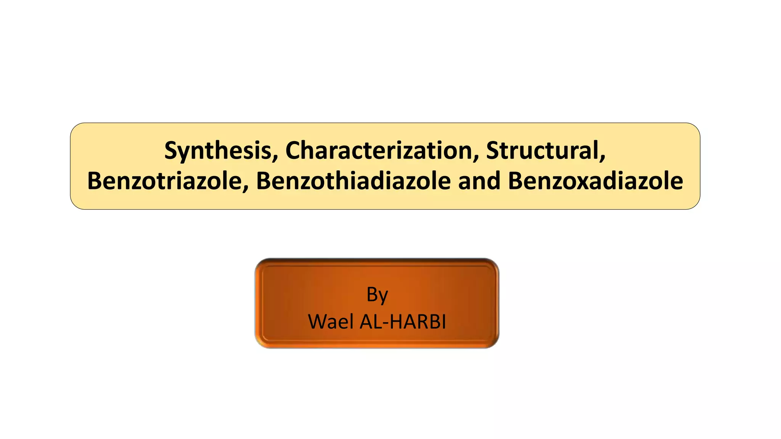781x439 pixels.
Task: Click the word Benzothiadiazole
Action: (x=353, y=181)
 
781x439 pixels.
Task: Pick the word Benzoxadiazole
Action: (x=595, y=181)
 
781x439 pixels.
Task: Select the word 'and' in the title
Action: (x=479, y=181)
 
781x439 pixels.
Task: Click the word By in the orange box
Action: (x=377, y=295)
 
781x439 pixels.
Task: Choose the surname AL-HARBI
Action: (x=403, y=322)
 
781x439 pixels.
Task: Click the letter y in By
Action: (x=383, y=296)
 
